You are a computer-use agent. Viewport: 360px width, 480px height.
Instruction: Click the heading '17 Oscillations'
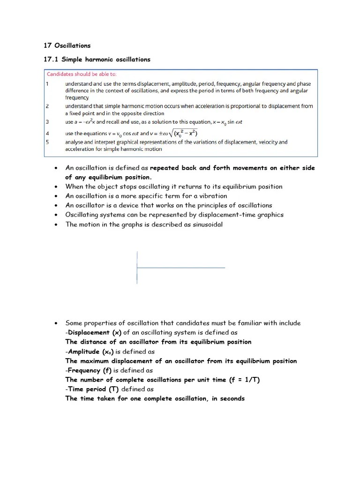tap(67, 45)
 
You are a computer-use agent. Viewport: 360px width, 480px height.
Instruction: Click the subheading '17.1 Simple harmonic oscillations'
tap(97, 60)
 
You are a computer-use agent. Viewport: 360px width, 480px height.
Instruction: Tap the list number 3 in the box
tap(47, 122)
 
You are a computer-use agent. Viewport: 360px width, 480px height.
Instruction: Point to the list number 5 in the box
tap(47, 142)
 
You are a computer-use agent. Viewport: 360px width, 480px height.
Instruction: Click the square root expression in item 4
tap(180, 133)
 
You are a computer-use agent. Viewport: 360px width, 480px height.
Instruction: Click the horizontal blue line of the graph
tap(180, 268)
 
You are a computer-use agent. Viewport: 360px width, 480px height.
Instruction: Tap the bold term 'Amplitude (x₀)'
tap(91, 352)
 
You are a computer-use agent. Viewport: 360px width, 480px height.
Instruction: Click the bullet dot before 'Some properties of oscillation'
tap(56, 323)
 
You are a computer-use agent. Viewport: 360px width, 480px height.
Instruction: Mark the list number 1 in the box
tap(47, 84)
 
